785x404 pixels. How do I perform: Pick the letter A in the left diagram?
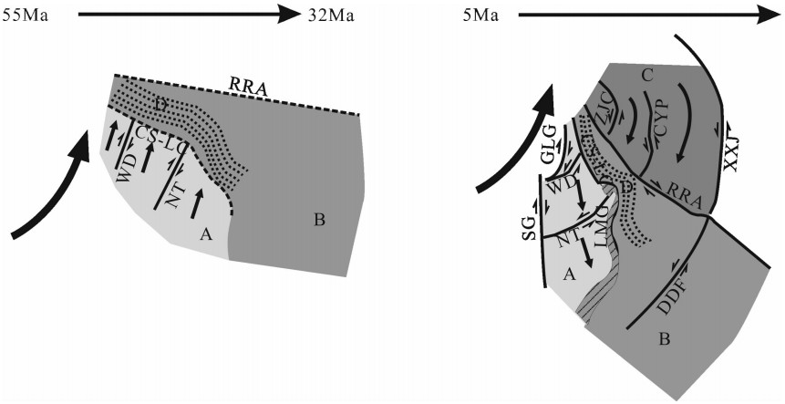(207, 235)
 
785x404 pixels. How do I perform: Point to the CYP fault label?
(666, 118)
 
